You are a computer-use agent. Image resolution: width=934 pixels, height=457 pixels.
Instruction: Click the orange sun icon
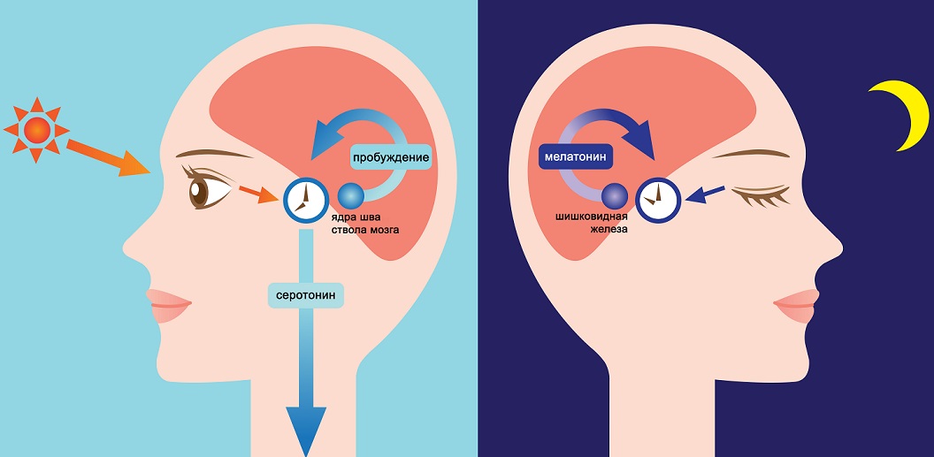click(x=36, y=130)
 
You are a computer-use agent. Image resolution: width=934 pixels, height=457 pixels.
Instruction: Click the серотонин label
click(x=306, y=295)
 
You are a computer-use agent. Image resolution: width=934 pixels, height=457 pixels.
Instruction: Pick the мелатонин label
click(x=576, y=157)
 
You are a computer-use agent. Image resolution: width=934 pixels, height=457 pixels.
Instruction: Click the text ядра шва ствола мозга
click(x=364, y=223)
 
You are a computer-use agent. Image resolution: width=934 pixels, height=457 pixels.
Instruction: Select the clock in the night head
click(x=658, y=200)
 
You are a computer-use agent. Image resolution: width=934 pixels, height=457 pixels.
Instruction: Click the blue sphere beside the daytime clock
click(x=351, y=195)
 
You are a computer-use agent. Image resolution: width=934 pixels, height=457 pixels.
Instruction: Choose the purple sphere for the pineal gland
click(x=614, y=195)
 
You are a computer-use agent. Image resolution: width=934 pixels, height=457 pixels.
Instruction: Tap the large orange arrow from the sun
click(x=107, y=157)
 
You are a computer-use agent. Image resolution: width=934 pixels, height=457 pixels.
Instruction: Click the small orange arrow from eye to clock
click(x=259, y=194)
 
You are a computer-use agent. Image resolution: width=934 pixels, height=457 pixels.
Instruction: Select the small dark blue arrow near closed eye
click(x=705, y=194)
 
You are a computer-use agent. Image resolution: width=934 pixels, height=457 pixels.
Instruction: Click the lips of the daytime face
click(x=168, y=305)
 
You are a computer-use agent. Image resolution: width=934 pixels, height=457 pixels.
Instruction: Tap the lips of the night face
click(x=797, y=305)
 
